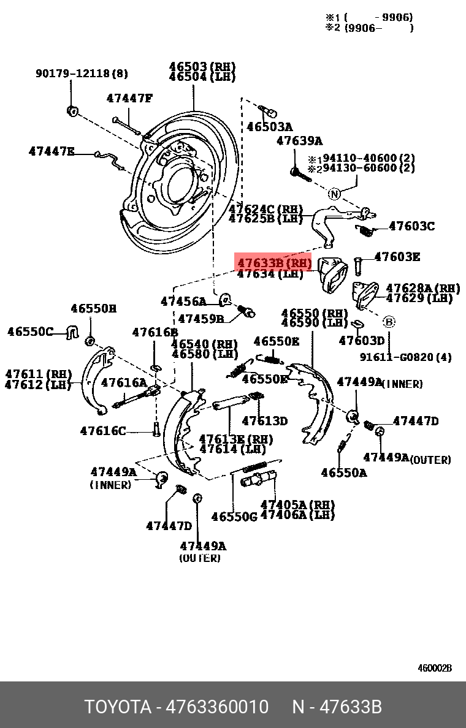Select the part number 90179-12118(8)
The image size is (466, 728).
[82, 74]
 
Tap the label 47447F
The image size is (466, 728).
[129, 98]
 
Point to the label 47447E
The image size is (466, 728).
[52, 151]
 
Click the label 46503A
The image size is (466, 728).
[269, 127]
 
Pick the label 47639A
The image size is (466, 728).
[299, 141]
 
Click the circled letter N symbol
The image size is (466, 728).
[334, 194]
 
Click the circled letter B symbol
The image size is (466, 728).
[389, 321]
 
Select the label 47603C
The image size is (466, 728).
[411, 226]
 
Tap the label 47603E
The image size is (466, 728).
[397, 257]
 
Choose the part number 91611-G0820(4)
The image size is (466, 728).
[405, 357]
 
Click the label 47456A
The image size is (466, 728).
[183, 301]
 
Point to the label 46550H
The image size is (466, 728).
[93, 309]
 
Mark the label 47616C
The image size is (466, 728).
[102, 431]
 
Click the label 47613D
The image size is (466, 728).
[264, 420]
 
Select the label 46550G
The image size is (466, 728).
[234, 517]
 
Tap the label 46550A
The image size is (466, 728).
[344, 472]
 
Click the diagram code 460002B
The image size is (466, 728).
[435, 668]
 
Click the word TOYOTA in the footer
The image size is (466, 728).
[117, 707]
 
